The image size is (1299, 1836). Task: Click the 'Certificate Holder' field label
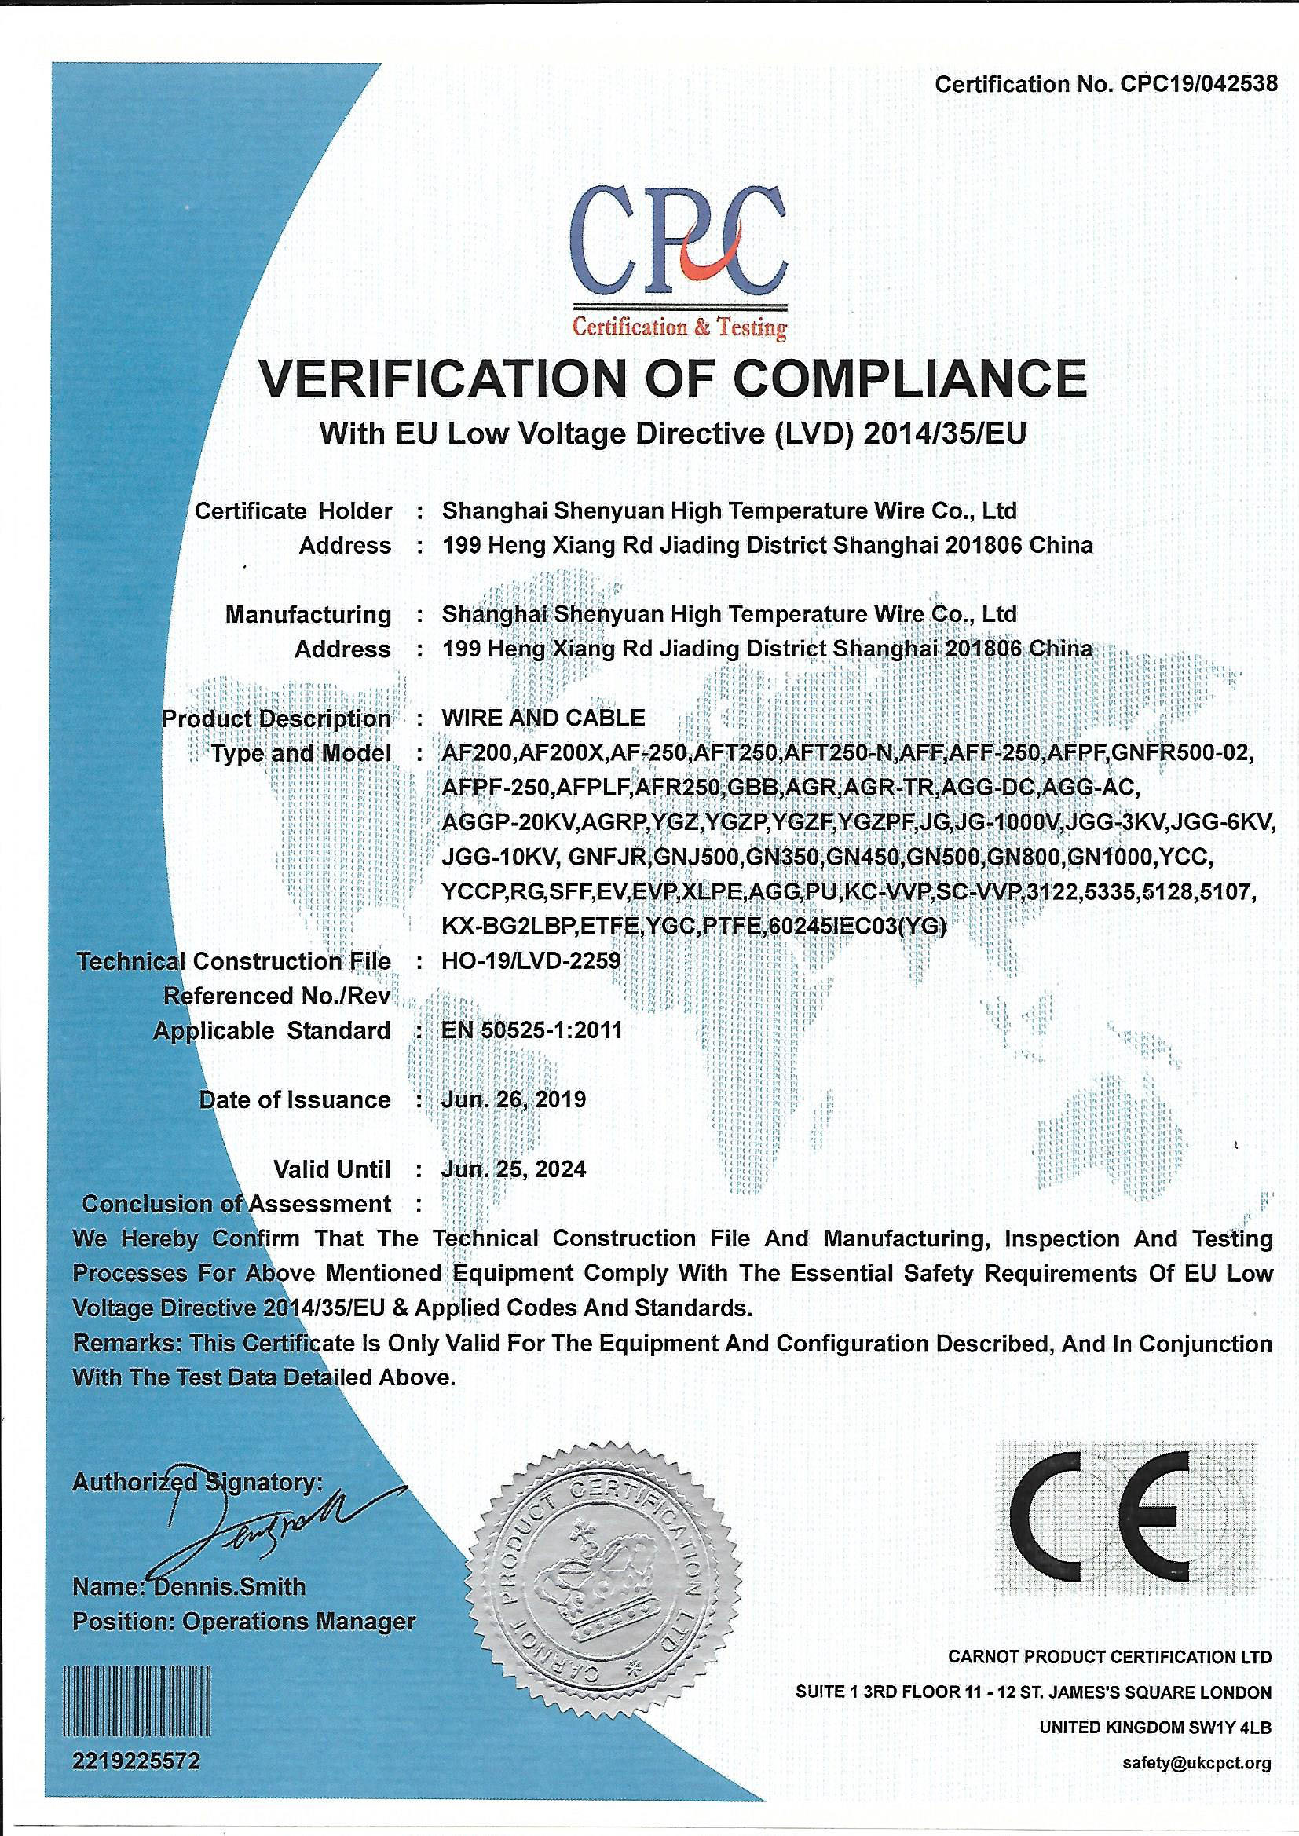[294, 510]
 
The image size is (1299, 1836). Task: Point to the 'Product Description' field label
[276, 718]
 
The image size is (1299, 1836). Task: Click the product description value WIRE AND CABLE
[543, 717]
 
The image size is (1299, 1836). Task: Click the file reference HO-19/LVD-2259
[531, 960]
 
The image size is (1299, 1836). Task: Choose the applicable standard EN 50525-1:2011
[531, 1030]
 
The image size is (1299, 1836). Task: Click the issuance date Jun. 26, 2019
[514, 1099]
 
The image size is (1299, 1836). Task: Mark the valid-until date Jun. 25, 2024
[514, 1169]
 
